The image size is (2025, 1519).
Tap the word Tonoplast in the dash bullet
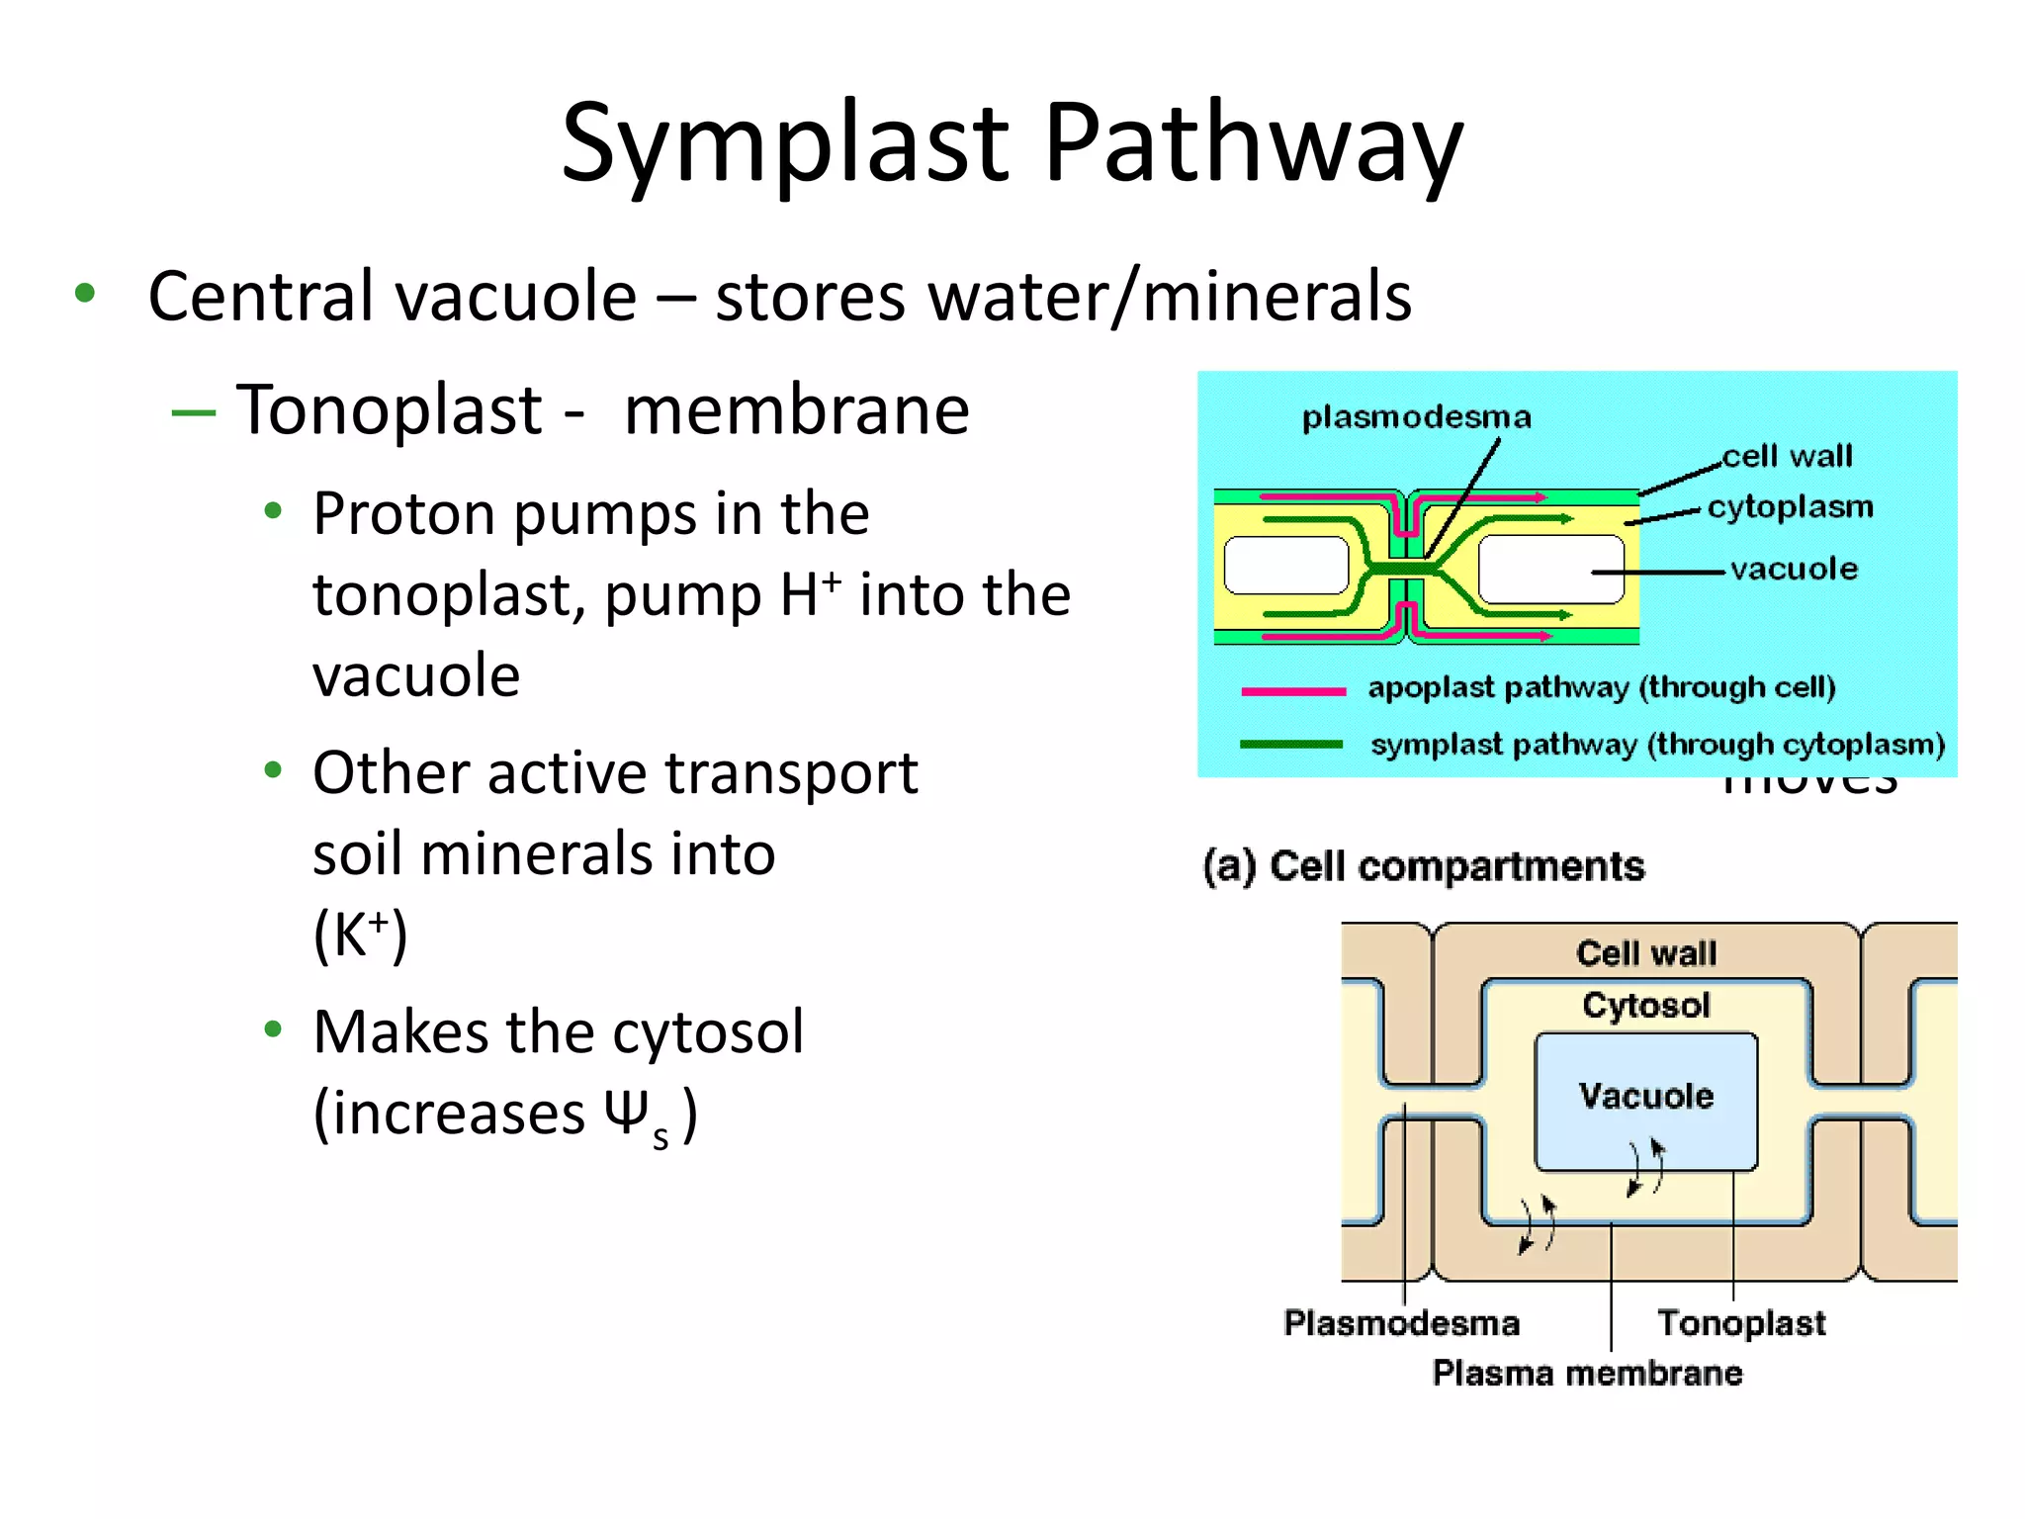[389, 409]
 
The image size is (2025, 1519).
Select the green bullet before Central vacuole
[85, 293]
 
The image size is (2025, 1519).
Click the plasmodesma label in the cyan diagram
[1416, 417]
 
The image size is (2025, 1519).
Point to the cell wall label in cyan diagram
[1787, 456]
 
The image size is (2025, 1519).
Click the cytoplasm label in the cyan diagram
[1790, 506]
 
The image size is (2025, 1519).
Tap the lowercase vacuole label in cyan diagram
[1794, 569]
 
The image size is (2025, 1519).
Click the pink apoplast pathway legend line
[1292, 690]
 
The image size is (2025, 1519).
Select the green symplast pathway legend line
[1290, 745]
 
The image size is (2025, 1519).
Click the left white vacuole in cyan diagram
[1285, 566]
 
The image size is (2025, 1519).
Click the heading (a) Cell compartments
[1423, 866]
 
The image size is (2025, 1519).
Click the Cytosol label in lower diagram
[1645, 1006]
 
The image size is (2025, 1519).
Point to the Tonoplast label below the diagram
[1740, 1323]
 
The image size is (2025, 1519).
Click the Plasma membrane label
[1587, 1374]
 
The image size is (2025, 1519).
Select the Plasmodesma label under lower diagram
[1401, 1323]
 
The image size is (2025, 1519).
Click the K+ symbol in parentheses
[361, 936]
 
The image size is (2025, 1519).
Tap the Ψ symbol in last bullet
[627, 1113]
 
